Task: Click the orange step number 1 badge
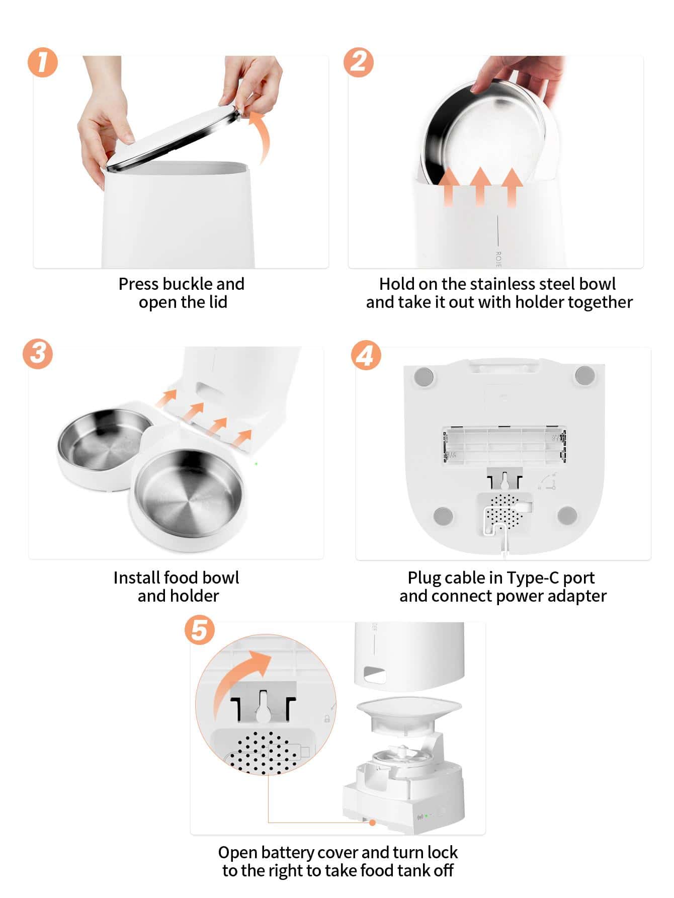pyautogui.click(x=43, y=62)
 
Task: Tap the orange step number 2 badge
pyautogui.click(x=358, y=62)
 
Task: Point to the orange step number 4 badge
pyautogui.click(x=366, y=356)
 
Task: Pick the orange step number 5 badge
pyautogui.click(x=199, y=630)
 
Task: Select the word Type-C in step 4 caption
pyautogui.click(x=533, y=578)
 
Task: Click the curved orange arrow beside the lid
pyautogui.click(x=261, y=136)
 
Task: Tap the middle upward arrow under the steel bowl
pyautogui.click(x=481, y=186)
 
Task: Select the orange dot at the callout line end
pyautogui.click(x=373, y=823)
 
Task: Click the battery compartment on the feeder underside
pyautogui.click(x=504, y=445)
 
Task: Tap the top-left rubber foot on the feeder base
pyautogui.click(x=423, y=376)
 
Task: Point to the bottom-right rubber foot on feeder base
pyautogui.click(x=567, y=515)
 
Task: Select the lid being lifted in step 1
pyautogui.click(x=173, y=136)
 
